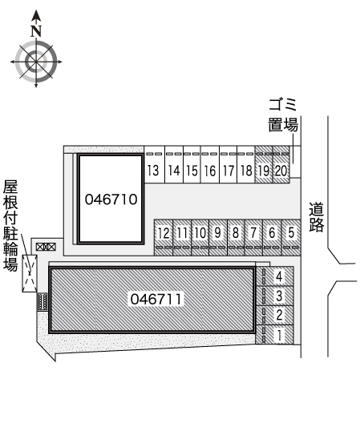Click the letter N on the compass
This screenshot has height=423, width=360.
36,30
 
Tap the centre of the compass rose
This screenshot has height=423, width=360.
36,62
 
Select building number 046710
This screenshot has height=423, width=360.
111,199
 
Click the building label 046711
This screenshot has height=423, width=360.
156,299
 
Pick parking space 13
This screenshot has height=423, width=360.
155,164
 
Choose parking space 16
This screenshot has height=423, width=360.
210,164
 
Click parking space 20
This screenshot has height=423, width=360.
281,164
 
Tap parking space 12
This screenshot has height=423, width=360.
164,237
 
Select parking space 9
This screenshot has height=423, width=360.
218,237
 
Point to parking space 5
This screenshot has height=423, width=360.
291,237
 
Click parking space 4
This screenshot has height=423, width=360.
274,276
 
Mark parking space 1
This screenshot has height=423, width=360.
274,335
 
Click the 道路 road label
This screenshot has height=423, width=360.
317,217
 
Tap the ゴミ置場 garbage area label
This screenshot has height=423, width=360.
283,115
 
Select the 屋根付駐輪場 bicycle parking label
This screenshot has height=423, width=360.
10,225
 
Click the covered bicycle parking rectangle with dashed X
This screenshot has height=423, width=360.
30,273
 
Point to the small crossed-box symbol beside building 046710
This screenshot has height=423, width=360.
46,247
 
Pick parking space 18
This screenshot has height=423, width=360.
246,164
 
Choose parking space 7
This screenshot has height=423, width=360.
253,237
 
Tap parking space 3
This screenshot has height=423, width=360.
274,296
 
